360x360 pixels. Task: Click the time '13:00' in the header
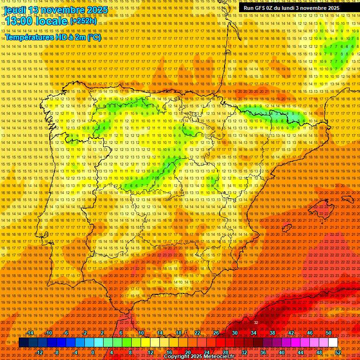pyautogui.click(x=18, y=21)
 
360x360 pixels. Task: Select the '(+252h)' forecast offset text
pyautogui.click(x=83, y=21)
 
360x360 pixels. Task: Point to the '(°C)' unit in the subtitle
pyautogui.click(x=94, y=37)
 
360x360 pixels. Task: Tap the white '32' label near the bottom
pyautogui.click(x=256, y=322)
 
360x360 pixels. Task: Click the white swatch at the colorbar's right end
pyautogui.click(x=333, y=343)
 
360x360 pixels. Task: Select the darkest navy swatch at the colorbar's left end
pyautogui.click(x=23, y=343)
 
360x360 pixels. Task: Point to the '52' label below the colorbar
pyautogui.click(x=338, y=352)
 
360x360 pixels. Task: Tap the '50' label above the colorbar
pyautogui.click(x=329, y=333)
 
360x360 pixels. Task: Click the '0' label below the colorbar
pyautogui.click(x=93, y=352)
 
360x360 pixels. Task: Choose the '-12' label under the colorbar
pyautogui.click(x=39, y=352)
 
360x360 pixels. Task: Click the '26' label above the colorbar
pyautogui.click(x=216, y=333)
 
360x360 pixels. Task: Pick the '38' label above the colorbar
pyautogui.click(x=272, y=333)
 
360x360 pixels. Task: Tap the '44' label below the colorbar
pyautogui.click(x=300, y=352)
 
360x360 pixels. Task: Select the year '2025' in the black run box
pyautogui.click(x=334, y=8)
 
